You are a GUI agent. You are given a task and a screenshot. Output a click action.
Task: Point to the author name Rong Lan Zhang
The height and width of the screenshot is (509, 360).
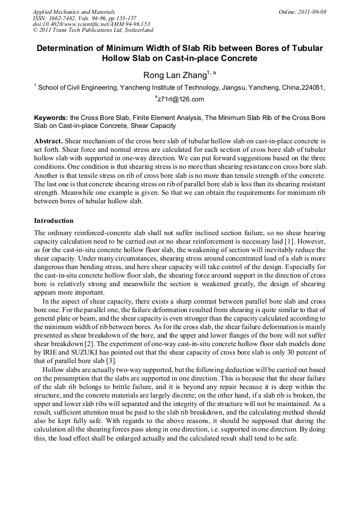click(167, 75)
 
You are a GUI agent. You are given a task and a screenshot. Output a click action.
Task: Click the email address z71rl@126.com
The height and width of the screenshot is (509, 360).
click(181, 99)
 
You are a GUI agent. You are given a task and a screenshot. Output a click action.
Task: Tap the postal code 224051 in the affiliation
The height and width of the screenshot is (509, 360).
click(313, 88)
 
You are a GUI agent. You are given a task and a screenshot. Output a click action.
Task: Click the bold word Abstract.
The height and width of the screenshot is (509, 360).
click(48, 141)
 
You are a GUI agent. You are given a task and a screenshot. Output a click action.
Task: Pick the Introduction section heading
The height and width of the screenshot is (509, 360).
click(54, 220)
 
